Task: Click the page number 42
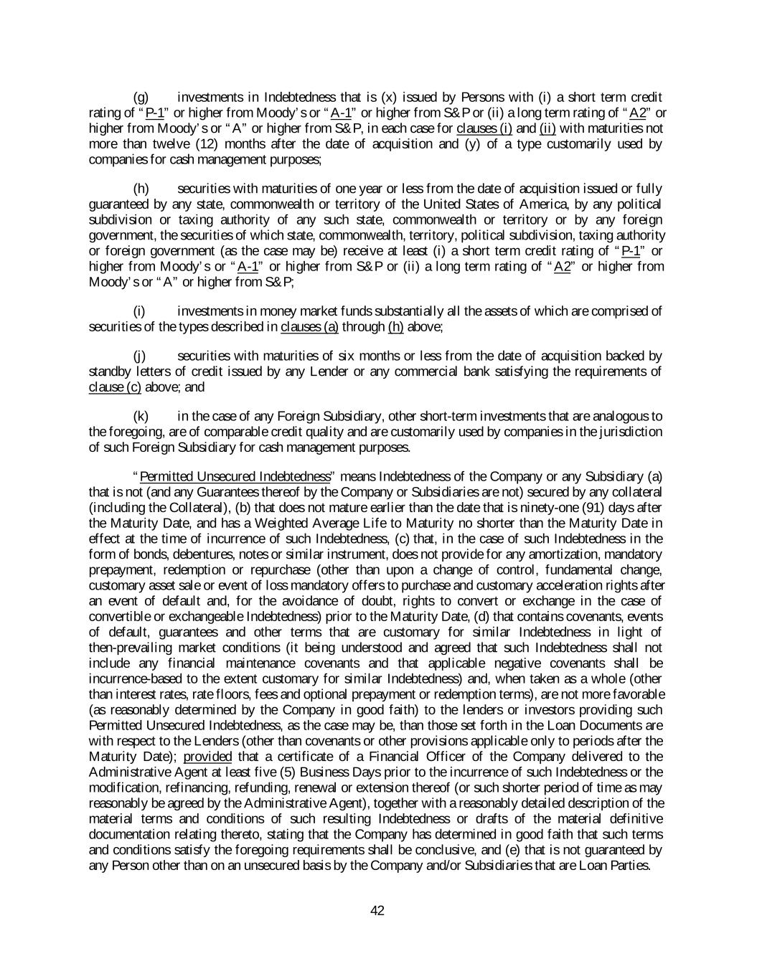click(x=377, y=910)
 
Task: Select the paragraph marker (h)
click(x=141, y=189)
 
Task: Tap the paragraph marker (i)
click(x=140, y=311)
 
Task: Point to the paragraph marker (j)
click(x=140, y=356)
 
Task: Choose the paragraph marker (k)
click(x=141, y=417)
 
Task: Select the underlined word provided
click(x=207, y=757)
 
